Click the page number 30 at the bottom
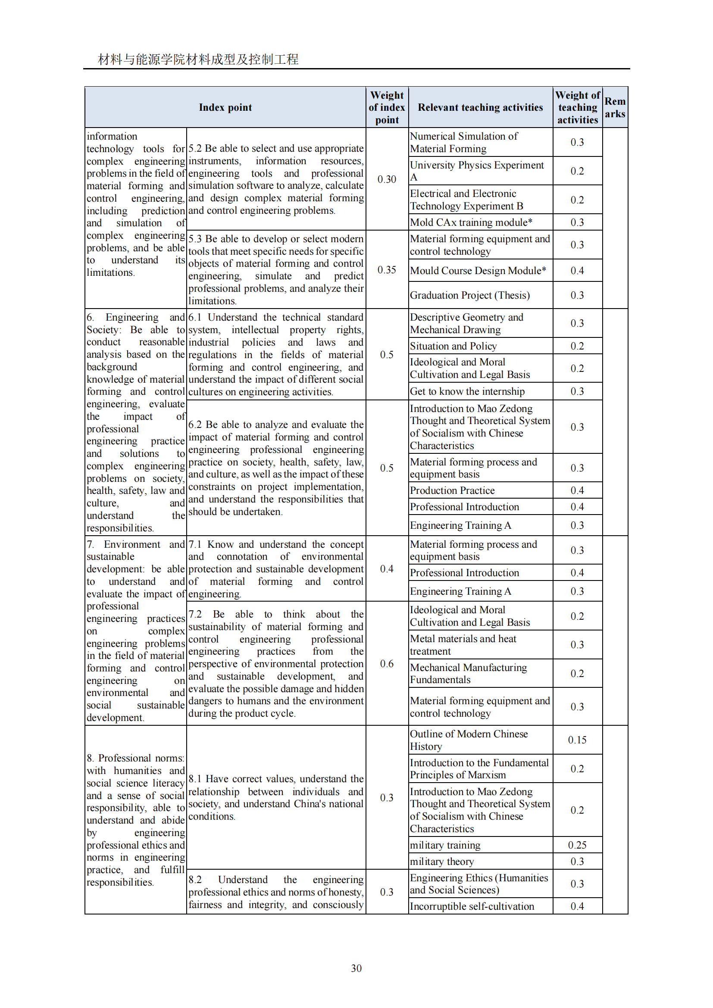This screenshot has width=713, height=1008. coord(356,968)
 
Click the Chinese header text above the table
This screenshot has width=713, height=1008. coord(198,59)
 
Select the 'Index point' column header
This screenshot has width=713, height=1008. coord(225,108)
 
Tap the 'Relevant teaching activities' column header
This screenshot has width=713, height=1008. coord(480,108)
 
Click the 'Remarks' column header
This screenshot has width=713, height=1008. coord(615,108)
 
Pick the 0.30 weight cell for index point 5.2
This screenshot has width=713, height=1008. coord(387,179)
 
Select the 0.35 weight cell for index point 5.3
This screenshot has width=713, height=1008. coord(387,269)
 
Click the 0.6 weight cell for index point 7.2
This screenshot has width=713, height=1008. coord(387,663)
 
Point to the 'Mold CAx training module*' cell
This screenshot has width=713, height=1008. coord(471,222)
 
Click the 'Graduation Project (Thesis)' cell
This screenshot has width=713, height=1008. coord(470,295)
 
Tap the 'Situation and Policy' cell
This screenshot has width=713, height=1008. coord(453,346)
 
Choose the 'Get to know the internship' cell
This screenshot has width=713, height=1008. coord(467,391)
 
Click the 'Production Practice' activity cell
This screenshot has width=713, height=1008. coord(452,490)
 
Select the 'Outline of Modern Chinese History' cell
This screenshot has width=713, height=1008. coord(469,740)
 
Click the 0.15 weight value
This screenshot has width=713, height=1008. coord(577,740)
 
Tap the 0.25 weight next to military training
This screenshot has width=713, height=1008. coord(577,845)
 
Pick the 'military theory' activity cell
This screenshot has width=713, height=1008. coord(442,861)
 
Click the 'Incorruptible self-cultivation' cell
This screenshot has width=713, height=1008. coord(472,906)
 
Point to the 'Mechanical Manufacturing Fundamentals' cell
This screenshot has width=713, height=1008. coord(468,674)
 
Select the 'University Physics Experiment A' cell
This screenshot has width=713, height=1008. coord(476,171)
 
